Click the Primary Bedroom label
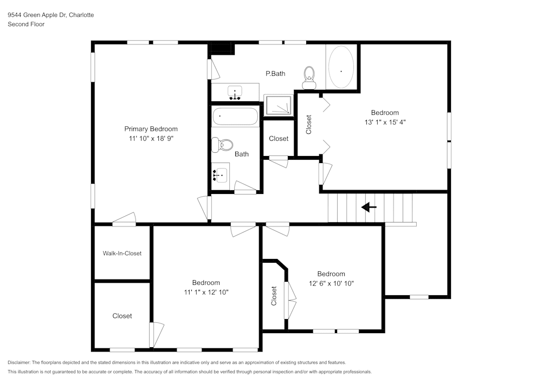pyautogui.click(x=151, y=129)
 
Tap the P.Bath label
pyautogui.click(x=275, y=74)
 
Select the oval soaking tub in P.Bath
pyautogui.click(x=341, y=67)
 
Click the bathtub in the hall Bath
pyautogui.click(x=235, y=116)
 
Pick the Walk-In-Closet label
pyautogui.click(x=122, y=253)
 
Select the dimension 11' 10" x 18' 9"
pyautogui.click(x=151, y=139)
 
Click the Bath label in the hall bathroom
pyautogui.click(x=242, y=154)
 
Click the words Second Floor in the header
pyautogui.click(x=26, y=24)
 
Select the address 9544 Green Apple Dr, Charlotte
pyautogui.click(x=50, y=15)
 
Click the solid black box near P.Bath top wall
pyautogui.click(x=222, y=48)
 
